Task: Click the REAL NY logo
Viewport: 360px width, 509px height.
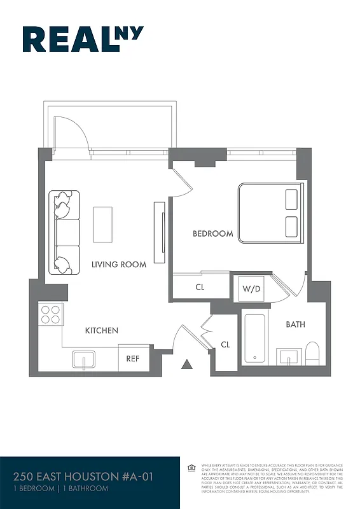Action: click(83, 39)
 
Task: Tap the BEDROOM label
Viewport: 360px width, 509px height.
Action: click(213, 234)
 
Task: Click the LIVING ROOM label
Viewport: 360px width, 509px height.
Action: click(119, 264)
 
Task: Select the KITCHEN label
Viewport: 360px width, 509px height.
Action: click(102, 330)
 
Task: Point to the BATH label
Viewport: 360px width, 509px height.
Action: click(295, 324)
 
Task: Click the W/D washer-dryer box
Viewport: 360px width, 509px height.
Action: click(250, 288)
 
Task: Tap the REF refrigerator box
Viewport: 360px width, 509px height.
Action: click(133, 359)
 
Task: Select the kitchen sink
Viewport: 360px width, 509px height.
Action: click(83, 360)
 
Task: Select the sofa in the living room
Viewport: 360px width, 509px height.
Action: click(65, 232)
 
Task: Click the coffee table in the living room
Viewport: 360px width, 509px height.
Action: click(103, 223)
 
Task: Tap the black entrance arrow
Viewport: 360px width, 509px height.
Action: click(187, 364)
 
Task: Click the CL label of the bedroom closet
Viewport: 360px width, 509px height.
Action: click(200, 287)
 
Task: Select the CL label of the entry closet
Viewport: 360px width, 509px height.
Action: click(225, 344)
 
